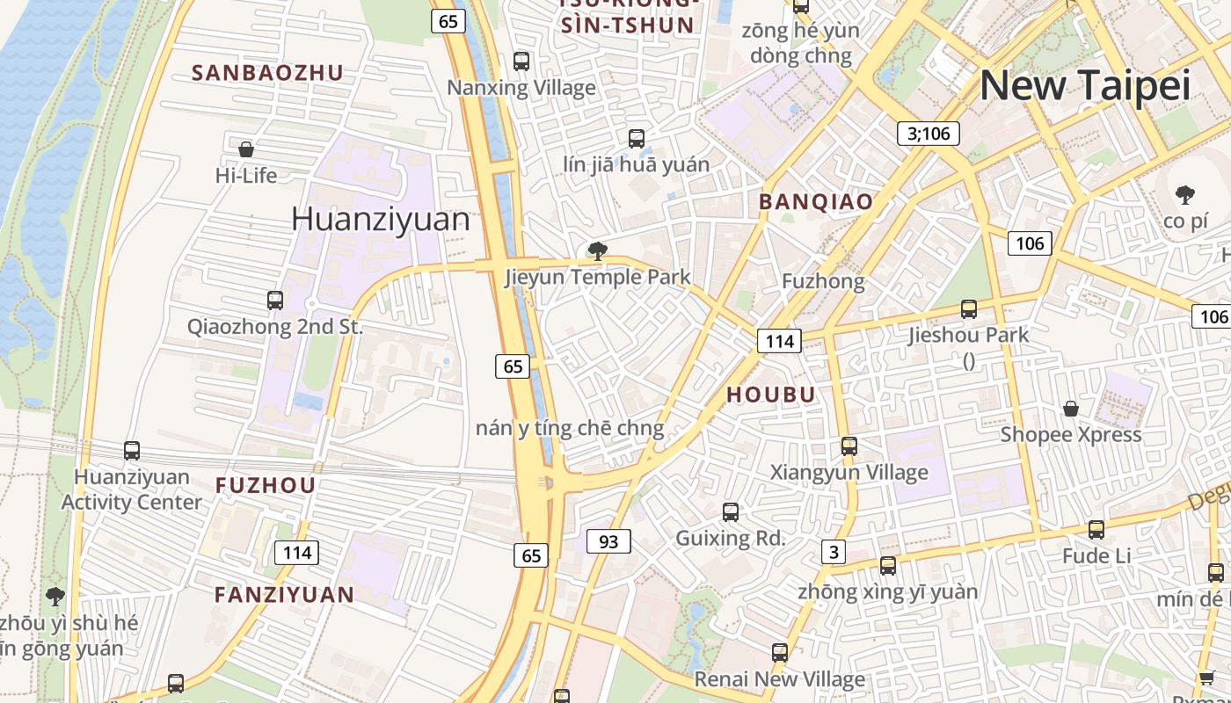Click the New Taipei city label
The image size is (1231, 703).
tap(1084, 86)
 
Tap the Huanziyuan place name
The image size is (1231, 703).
tap(380, 219)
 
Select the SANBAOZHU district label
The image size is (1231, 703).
tap(267, 73)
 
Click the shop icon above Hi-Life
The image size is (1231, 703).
tap(246, 149)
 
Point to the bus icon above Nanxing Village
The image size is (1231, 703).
tap(521, 62)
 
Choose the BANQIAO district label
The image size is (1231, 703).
tap(816, 201)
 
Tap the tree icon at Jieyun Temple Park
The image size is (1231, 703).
tap(598, 252)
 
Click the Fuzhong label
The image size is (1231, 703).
tap(823, 281)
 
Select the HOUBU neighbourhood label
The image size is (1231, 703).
tap(771, 395)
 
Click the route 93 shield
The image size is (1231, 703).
tap(608, 541)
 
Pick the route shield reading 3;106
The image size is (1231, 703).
tap(929, 133)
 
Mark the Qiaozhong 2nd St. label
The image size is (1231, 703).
tap(274, 327)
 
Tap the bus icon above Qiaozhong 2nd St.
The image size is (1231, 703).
tap(275, 301)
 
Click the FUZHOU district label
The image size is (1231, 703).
tap(266, 485)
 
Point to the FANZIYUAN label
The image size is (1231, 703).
tap(284, 594)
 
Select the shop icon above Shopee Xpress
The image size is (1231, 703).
tap(1071, 409)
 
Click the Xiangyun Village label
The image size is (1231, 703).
tap(849, 473)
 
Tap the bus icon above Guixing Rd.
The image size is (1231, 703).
tap(730, 512)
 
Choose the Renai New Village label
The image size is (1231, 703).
tap(779, 679)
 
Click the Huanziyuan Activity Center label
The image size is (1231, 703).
tap(132, 489)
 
